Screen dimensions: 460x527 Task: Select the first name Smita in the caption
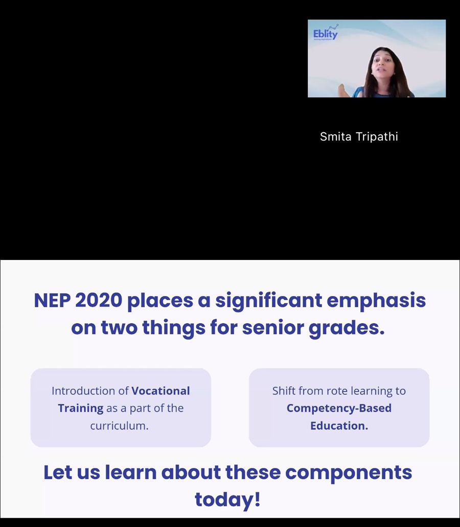pos(335,136)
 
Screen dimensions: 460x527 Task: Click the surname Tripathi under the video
pos(377,137)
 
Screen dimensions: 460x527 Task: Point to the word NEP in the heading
pos(52,300)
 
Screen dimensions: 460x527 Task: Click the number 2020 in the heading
pos(99,300)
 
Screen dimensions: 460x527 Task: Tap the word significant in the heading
pos(268,300)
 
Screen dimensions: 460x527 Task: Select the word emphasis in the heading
pos(376,300)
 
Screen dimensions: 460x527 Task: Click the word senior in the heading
pos(273,328)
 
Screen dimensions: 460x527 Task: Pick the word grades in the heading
pos(347,328)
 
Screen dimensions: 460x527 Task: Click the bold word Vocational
pos(160,391)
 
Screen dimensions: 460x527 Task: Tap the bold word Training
pos(81,409)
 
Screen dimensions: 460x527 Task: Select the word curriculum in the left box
pos(119,426)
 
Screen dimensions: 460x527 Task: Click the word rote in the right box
pos(337,391)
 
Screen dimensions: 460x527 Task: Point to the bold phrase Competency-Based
pos(339,409)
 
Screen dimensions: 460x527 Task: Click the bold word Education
pos(339,426)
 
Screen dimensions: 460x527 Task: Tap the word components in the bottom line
pos(349,473)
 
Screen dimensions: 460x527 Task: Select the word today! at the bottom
pos(227,500)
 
